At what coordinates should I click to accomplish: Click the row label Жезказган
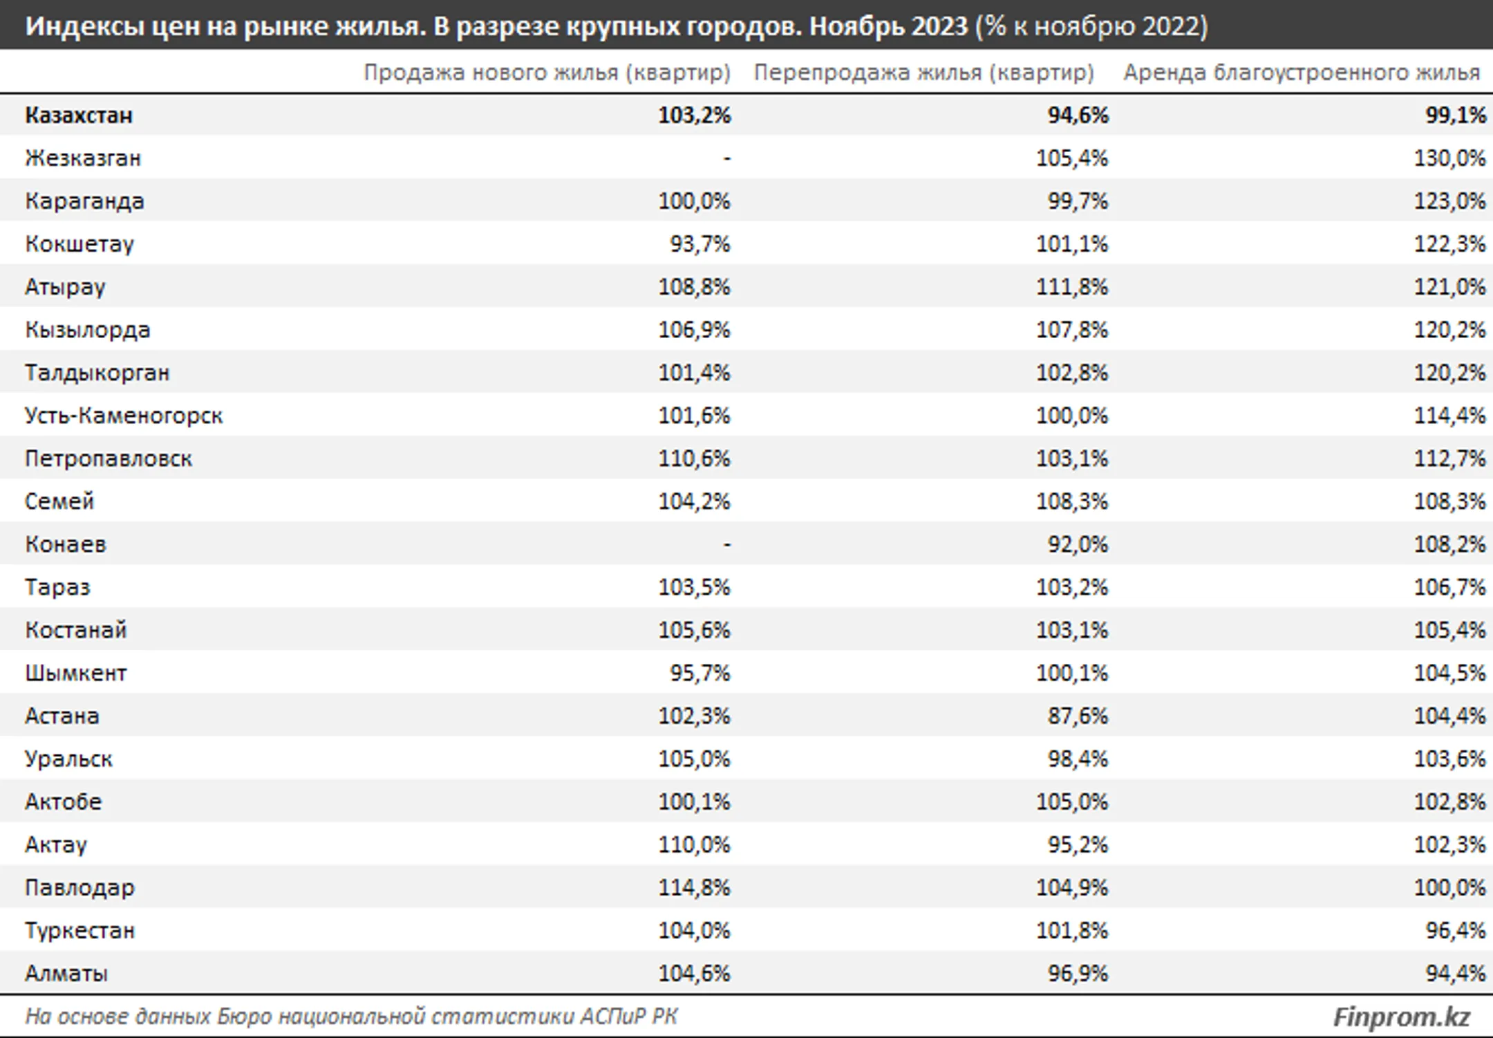[x=83, y=158]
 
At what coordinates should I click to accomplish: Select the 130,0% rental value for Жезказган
[x=1449, y=158]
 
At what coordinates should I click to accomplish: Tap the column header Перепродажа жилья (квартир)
[x=923, y=73]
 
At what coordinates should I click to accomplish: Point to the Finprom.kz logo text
[x=1401, y=1017]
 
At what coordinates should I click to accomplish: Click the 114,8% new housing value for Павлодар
[x=694, y=887]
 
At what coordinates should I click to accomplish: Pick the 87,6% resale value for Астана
[x=1078, y=716]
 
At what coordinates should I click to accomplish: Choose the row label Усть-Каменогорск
[x=124, y=416]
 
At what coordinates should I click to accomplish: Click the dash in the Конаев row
[x=726, y=545]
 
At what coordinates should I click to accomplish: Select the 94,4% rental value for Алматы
[x=1456, y=973]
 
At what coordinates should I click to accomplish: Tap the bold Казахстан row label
[x=79, y=115]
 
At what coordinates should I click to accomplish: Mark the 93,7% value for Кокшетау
[x=699, y=244]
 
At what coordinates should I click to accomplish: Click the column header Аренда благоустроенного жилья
[x=1302, y=73]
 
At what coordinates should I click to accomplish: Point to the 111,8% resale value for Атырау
[x=1072, y=287]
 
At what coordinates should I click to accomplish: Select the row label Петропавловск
[x=109, y=458]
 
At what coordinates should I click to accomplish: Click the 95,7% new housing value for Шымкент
[x=699, y=673]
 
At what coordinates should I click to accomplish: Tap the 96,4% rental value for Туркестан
[x=1456, y=930]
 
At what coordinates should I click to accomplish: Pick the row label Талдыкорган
[x=97, y=373]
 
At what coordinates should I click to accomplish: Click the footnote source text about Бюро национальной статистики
[x=352, y=1017]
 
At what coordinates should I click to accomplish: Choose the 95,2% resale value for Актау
[x=1078, y=844]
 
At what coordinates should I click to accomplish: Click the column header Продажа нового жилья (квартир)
[x=547, y=73]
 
